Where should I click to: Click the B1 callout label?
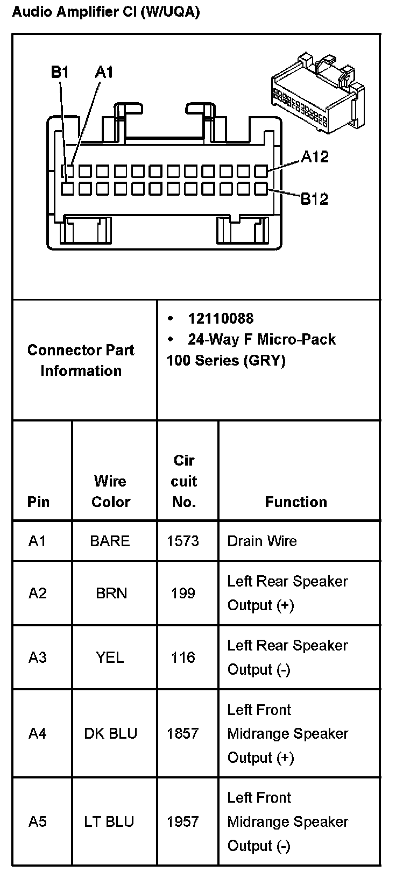(x=60, y=72)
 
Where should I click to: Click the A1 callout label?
(x=104, y=72)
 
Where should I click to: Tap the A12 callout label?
(x=315, y=157)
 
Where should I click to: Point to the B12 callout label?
(x=314, y=199)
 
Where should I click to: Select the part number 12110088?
(x=220, y=319)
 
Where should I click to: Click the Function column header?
(x=296, y=502)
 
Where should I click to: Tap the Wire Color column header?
(x=110, y=491)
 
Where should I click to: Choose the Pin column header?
(x=38, y=502)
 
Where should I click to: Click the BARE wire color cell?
(x=110, y=541)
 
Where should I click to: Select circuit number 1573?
(x=183, y=541)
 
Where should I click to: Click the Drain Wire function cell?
(x=262, y=541)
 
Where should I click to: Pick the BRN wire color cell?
(x=111, y=594)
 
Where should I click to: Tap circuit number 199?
(x=183, y=594)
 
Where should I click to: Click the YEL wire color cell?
(x=110, y=657)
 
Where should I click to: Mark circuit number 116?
(x=183, y=657)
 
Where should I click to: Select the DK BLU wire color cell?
(x=110, y=734)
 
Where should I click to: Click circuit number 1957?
(x=183, y=822)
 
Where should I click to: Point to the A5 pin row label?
(x=38, y=822)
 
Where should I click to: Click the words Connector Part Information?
(x=81, y=361)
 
